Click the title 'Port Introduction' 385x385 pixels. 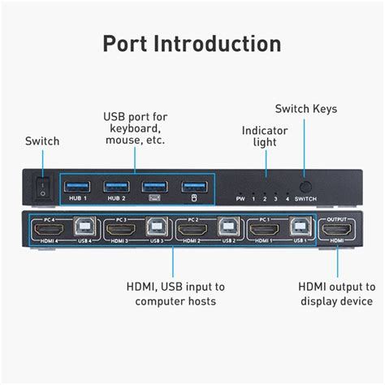(x=192, y=43)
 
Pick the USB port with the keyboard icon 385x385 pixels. (x=154, y=185)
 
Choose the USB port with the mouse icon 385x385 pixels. (x=192, y=185)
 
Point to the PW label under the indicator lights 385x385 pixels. (x=240, y=198)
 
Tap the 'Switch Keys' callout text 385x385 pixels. (x=305, y=109)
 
